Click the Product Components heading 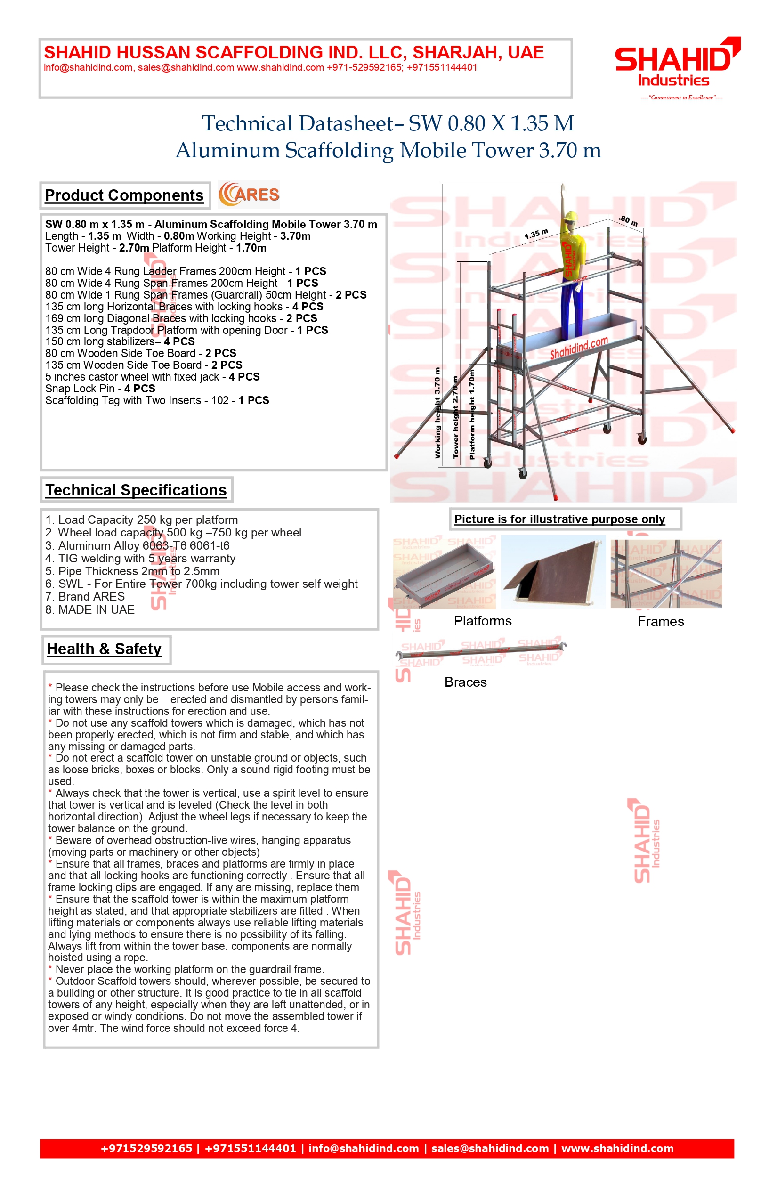[x=124, y=195]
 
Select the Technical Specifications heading [x=136, y=490]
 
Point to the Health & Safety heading [x=105, y=649]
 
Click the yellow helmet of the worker [x=570, y=217]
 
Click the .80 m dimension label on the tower [x=628, y=220]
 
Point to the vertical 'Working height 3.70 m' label [x=437, y=413]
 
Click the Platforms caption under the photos [x=482, y=621]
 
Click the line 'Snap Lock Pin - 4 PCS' [x=100, y=389]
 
